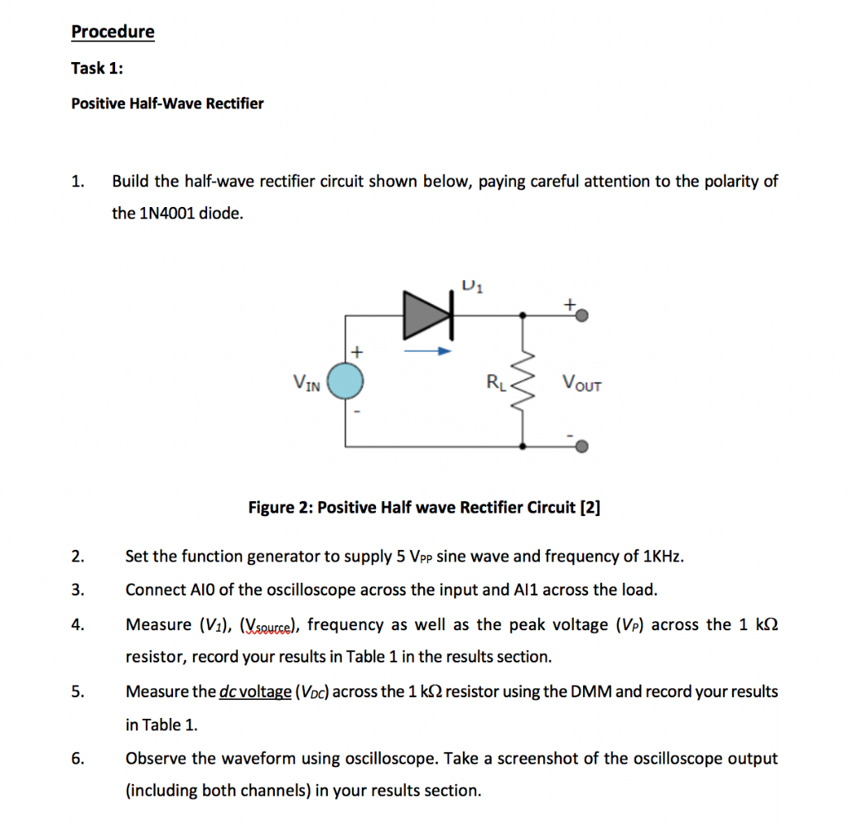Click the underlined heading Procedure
point(113,32)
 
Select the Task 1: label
point(97,69)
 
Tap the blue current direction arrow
point(426,351)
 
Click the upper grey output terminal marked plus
point(582,316)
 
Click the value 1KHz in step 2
point(662,557)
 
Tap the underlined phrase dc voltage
point(255,691)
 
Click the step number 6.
point(76,759)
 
